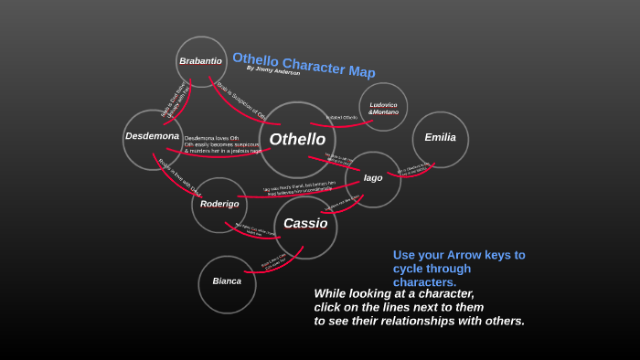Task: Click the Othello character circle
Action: point(297,140)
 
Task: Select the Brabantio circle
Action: point(201,61)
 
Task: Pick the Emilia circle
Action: point(440,138)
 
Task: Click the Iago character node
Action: point(373,178)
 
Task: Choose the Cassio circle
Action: point(305,224)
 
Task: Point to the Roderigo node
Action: point(219,204)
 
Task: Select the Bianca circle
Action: point(227,281)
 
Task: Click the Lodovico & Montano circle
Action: point(383,108)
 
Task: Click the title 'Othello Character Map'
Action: point(304,64)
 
